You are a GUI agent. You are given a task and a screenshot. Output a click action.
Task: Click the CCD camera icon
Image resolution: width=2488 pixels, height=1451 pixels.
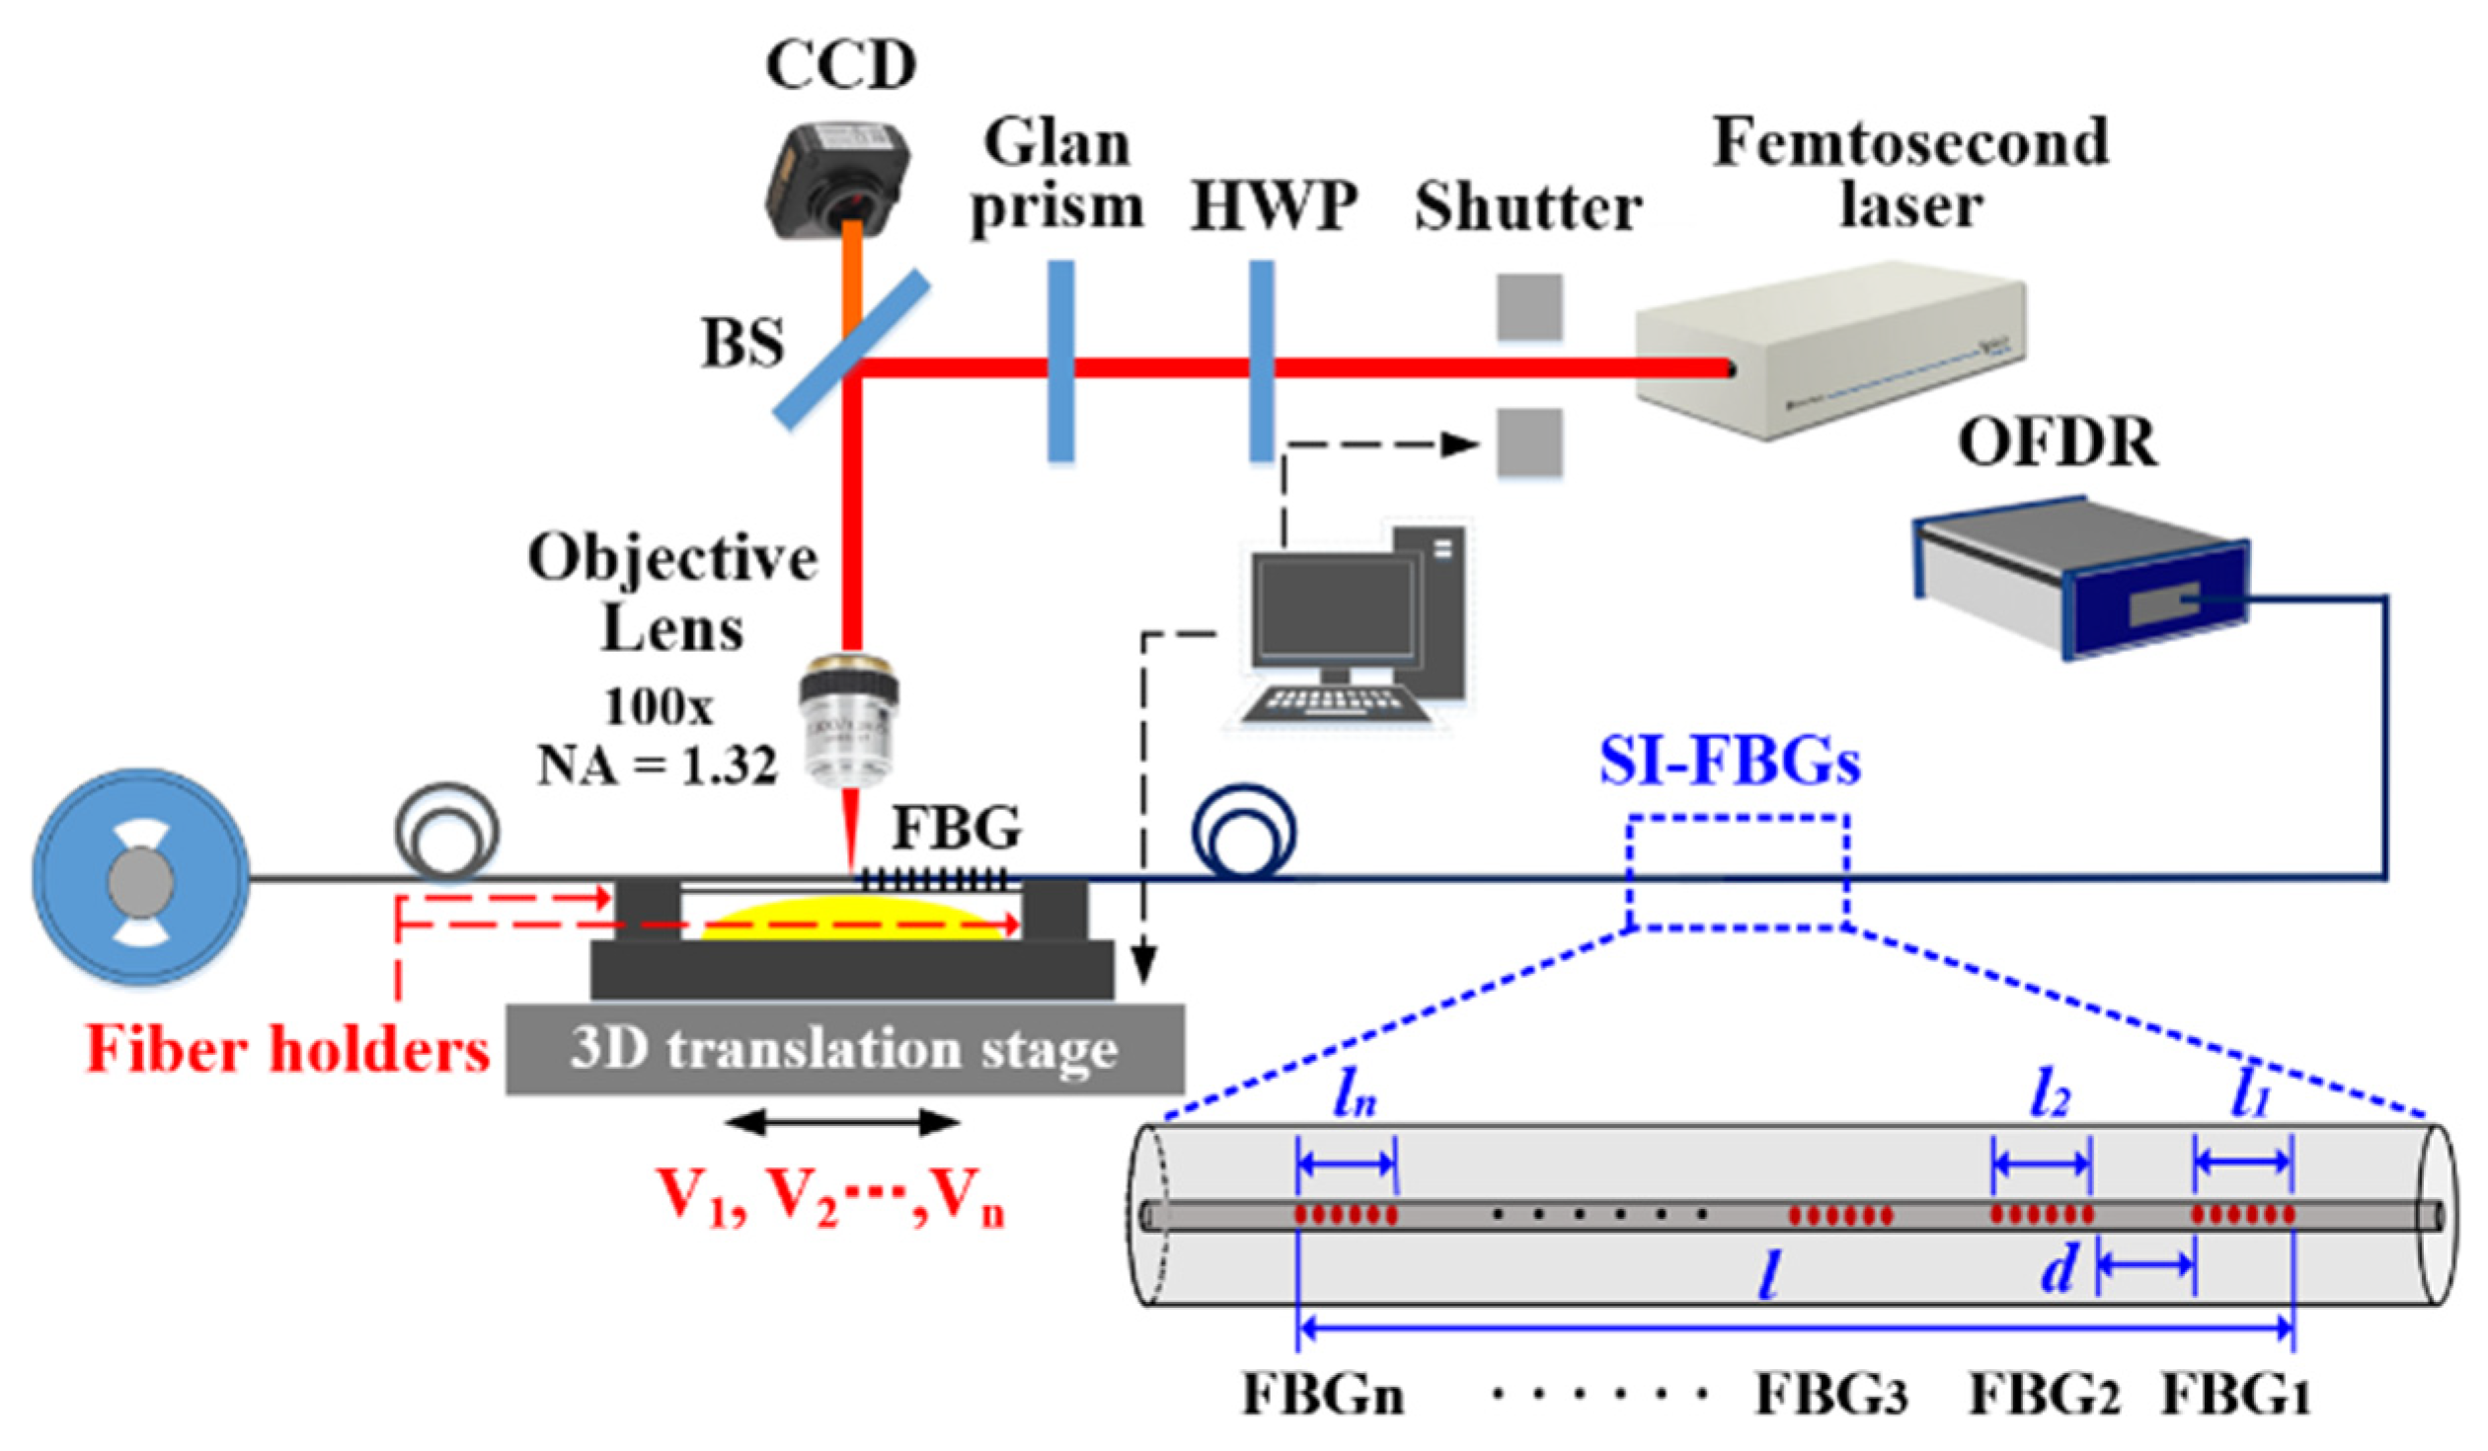(x=837, y=179)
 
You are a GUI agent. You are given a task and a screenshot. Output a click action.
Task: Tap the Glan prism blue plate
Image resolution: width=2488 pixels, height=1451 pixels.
(x=1060, y=361)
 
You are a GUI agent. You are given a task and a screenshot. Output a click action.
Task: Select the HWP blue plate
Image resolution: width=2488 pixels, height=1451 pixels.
(x=1261, y=361)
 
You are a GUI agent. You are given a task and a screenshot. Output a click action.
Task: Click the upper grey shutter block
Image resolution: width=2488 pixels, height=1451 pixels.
(x=1529, y=307)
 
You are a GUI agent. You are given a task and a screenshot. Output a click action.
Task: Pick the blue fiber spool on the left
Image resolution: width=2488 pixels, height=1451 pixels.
(x=141, y=877)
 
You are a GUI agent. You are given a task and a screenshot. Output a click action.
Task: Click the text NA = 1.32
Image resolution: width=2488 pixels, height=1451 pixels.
(x=657, y=766)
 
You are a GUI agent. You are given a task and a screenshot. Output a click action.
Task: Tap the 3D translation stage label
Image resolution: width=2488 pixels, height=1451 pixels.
(x=844, y=1049)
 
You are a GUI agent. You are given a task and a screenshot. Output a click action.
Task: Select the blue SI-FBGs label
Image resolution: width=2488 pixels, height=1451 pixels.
(x=1730, y=764)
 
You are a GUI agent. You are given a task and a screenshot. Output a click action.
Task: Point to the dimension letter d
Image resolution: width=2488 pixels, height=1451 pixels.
(x=2058, y=1268)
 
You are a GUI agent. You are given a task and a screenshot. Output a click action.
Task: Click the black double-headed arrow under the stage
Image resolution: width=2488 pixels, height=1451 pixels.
(x=842, y=1122)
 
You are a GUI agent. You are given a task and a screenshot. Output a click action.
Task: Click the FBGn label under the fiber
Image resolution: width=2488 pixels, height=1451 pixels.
(x=1322, y=1396)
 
